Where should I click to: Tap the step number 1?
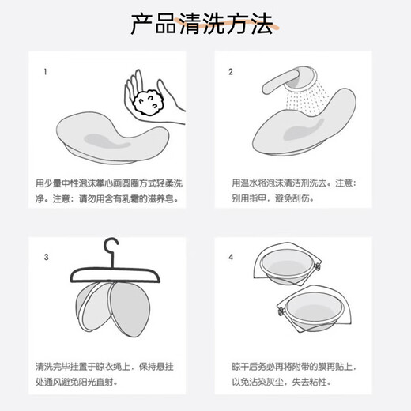tap(45, 72)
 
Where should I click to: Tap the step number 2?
tap(231, 72)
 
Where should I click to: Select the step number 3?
tap(46, 257)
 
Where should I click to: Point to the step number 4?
tap(231, 257)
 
